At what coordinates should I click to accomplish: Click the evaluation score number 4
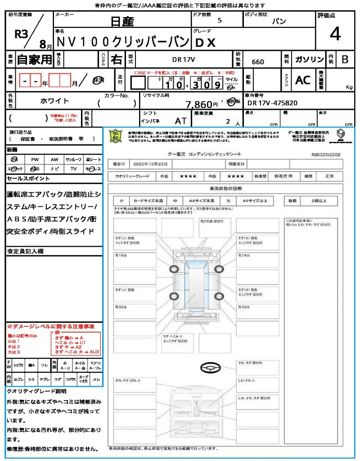click(334, 35)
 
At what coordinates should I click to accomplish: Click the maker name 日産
click(122, 21)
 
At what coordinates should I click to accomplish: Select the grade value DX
click(205, 42)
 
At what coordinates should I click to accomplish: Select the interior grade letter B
click(345, 59)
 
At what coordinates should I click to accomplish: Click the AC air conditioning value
click(303, 80)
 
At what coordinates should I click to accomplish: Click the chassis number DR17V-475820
click(272, 103)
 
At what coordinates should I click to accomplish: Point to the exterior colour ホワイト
click(55, 101)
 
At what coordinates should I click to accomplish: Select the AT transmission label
click(181, 121)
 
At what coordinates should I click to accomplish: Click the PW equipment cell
click(35, 159)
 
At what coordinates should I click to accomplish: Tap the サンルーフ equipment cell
click(73, 159)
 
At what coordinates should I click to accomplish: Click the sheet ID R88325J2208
click(326, 154)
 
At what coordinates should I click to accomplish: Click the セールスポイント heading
click(28, 179)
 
